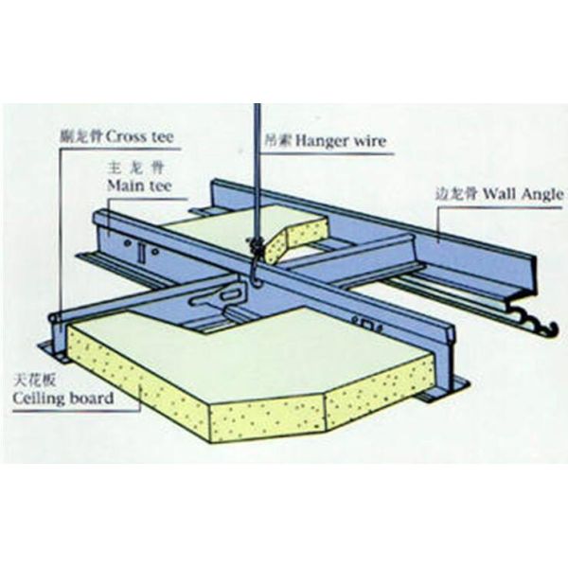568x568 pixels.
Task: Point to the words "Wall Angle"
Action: pos(523,196)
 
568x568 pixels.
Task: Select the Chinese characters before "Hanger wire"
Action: pos(275,145)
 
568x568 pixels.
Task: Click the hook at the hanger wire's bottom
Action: pos(257,275)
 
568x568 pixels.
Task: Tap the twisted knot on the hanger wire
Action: pos(255,247)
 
